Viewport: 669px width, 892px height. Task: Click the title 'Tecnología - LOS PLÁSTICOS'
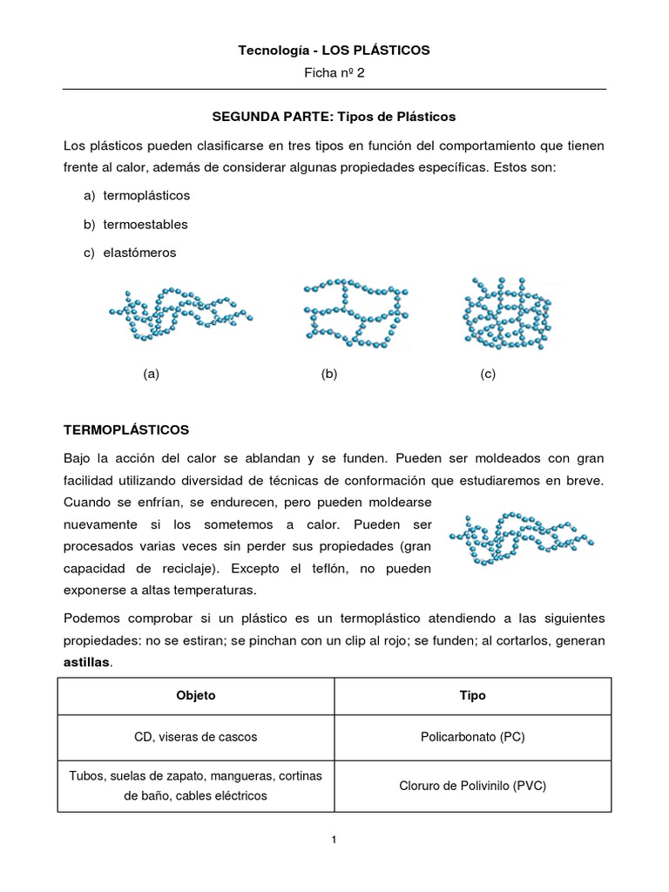click(334, 51)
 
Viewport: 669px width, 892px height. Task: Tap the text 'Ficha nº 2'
click(334, 73)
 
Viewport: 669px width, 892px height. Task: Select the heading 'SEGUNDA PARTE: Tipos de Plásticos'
click(334, 116)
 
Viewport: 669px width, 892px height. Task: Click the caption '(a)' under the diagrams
click(152, 375)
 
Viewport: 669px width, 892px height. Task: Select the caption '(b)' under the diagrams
click(328, 375)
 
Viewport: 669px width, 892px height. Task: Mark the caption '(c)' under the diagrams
click(487, 375)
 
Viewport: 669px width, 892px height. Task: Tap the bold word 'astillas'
click(87, 662)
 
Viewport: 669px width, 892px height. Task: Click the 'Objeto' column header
click(195, 695)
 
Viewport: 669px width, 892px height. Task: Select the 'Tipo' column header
click(472, 695)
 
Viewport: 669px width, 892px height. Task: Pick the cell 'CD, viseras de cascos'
click(195, 737)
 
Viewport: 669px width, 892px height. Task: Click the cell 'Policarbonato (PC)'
click(472, 737)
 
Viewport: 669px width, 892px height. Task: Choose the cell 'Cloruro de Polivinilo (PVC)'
click(472, 785)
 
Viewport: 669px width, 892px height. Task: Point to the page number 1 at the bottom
click(334, 840)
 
